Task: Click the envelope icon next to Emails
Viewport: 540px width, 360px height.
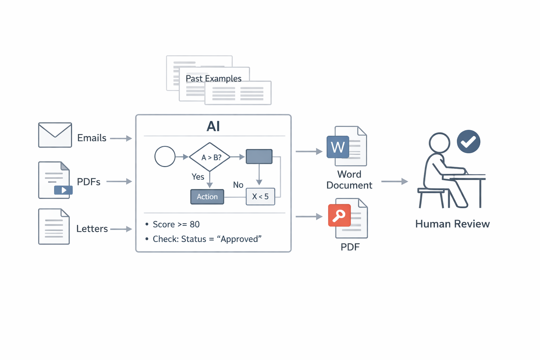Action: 55,135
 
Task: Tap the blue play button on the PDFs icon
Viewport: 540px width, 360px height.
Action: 63,190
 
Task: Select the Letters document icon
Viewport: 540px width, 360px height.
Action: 54,227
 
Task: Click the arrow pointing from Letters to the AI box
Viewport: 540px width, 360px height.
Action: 121,229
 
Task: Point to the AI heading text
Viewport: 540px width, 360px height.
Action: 213,126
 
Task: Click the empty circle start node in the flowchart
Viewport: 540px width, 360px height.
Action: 165,156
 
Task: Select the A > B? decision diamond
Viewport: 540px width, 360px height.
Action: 210,157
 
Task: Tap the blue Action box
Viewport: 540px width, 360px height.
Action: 207,197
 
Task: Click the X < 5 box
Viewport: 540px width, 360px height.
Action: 260,197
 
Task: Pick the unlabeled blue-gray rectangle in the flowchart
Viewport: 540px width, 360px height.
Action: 259,156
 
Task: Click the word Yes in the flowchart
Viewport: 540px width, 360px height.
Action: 198,177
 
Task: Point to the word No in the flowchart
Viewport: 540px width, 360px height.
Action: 238,185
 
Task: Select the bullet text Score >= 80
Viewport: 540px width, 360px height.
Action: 176,224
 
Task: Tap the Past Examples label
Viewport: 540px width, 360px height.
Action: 213,78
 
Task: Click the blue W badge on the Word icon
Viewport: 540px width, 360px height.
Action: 338,147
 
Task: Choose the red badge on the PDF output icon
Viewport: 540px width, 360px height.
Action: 339,215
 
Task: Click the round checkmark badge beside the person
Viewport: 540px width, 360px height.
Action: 468,142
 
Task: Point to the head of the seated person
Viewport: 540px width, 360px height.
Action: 439,143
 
